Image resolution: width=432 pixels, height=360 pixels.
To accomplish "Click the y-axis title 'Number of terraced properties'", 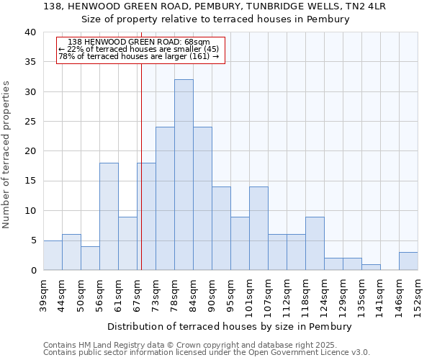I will pyautogui.click(x=6, y=154).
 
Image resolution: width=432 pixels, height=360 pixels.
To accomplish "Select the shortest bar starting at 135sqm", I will pyautogui.click(x=371, y=267).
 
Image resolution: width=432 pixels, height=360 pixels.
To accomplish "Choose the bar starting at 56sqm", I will pyautogui.click(x=109, y=217).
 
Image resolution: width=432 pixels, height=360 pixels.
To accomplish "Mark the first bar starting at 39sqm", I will pyautogui.click(x=53, y=256).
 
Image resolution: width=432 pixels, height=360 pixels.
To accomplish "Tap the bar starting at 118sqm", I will pyautogui.click(x=315, y=243).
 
